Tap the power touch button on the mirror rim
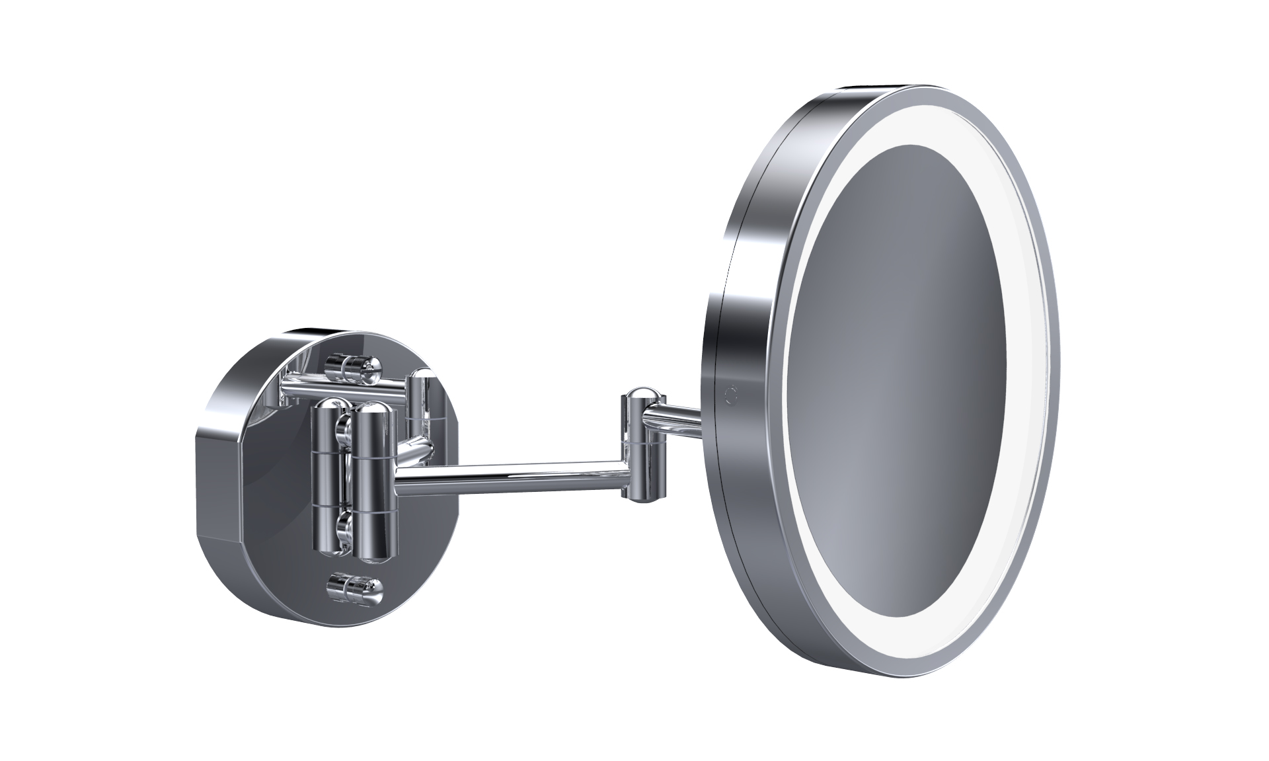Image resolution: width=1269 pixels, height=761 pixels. pos(730,395)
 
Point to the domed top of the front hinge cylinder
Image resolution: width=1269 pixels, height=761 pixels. pos(375,411)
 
